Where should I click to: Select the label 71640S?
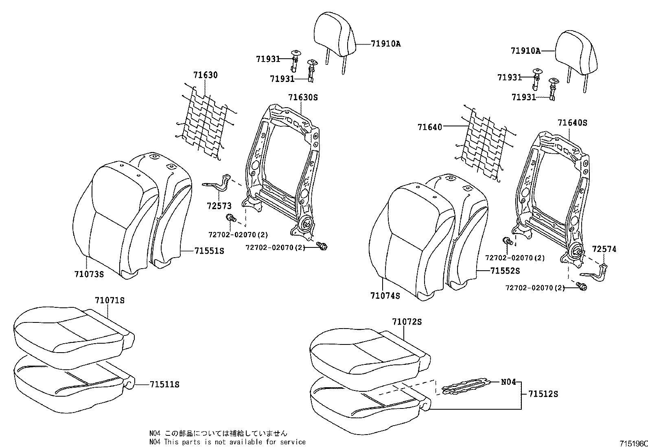(572, 123)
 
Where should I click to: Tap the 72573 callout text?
(219, 206)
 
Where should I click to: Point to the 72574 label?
(604, 249)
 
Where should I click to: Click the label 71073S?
(89, 274)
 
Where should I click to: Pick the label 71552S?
(505, 271)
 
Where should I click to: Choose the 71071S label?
(109, 300)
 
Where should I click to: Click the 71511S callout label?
(164, 384)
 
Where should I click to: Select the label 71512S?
(543, 394)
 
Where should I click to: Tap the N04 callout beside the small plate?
(508, 382)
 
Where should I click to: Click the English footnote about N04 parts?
(227, 442)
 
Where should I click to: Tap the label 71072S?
(407, 322)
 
